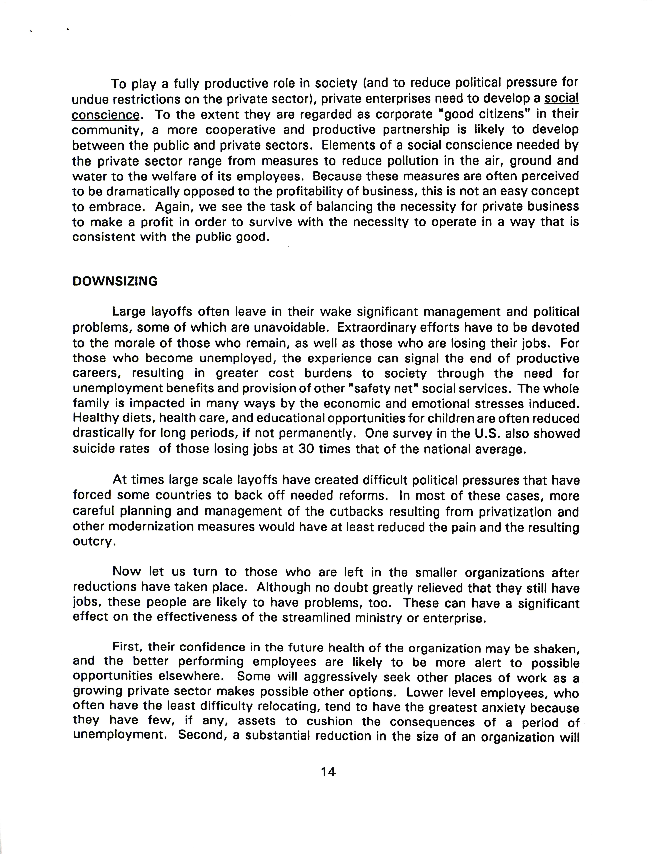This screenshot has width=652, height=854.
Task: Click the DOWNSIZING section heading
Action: point(115,281)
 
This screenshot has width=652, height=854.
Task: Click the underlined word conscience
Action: point(106,115)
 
